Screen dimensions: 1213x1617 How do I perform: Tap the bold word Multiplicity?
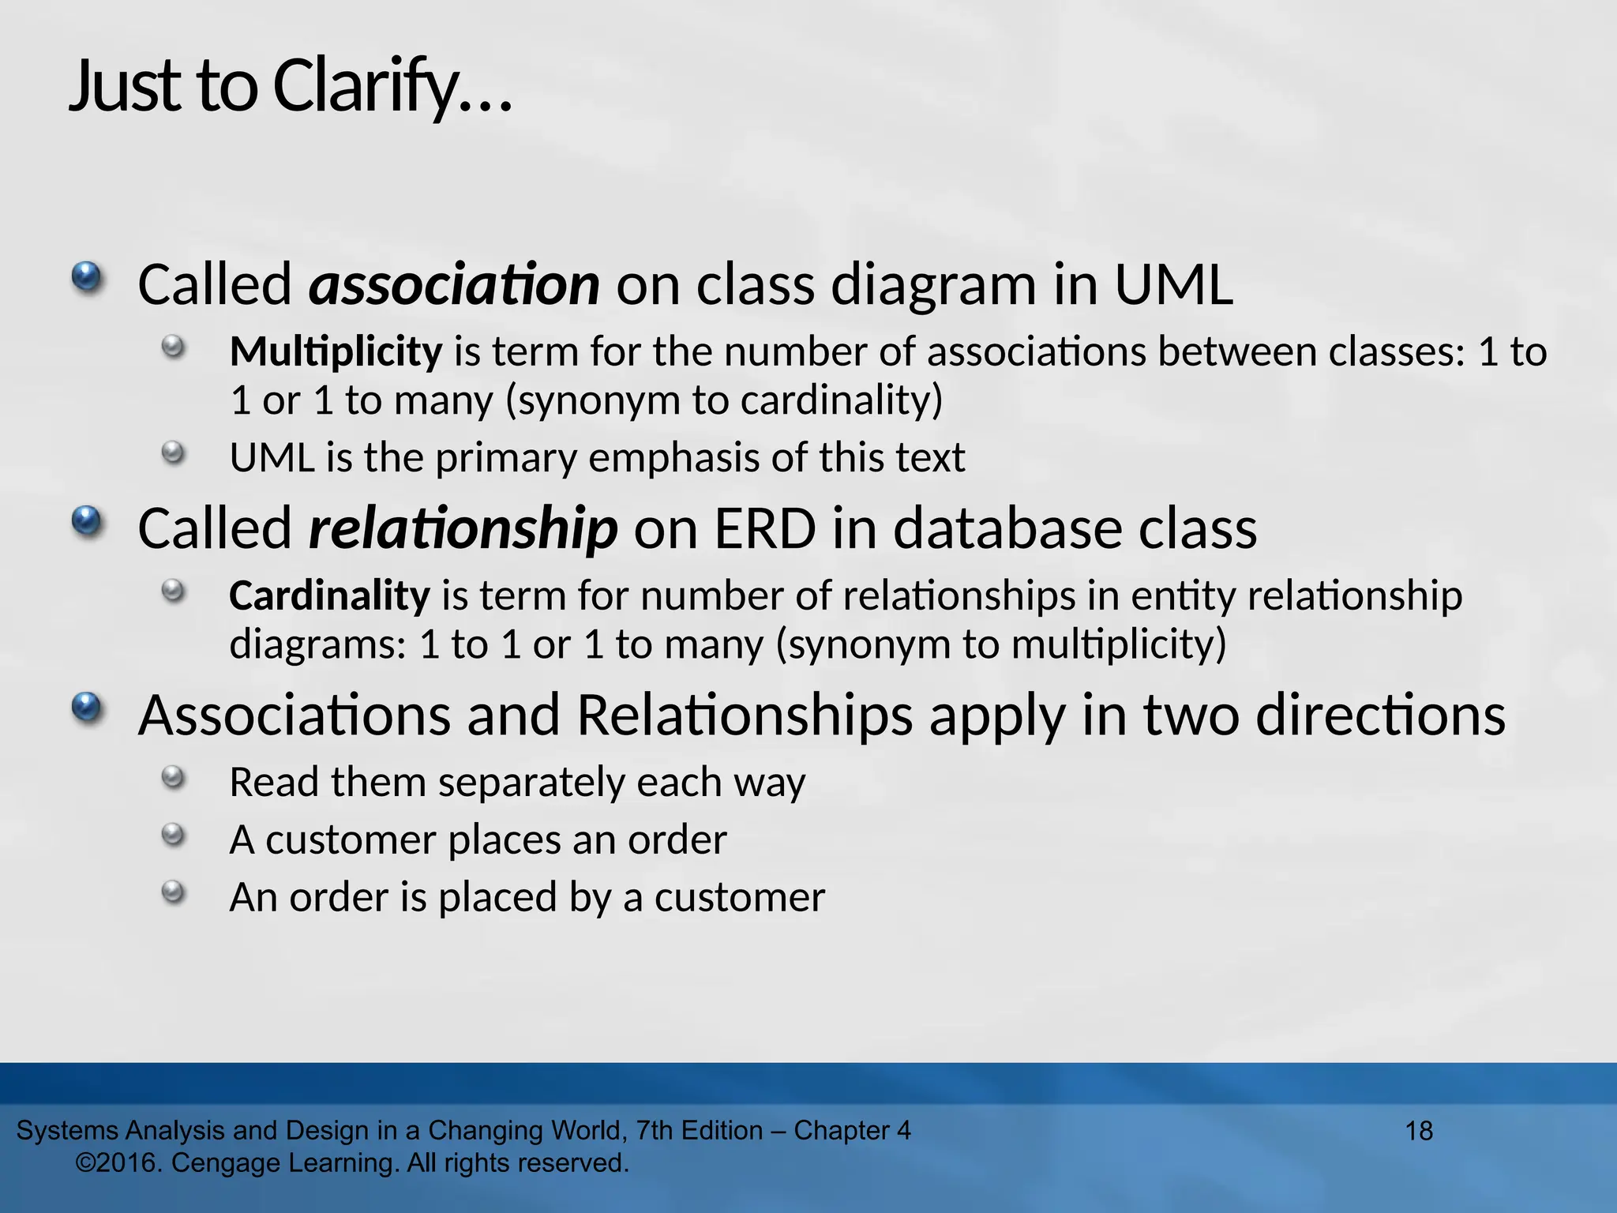click(336, 351)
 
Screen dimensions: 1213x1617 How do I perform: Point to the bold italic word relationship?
click(463, 528)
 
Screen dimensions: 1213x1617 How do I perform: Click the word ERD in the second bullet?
click(764, 528)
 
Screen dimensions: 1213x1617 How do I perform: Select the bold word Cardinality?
click(329, 595)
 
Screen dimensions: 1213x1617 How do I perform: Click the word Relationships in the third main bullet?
click(744, 715)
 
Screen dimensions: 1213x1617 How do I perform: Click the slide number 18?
click(1419, 1131)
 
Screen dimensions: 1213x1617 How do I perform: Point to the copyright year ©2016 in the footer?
click(118, 1163)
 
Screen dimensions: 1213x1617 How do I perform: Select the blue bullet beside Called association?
click(86, 278)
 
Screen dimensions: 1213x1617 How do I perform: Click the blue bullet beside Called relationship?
click(86, 521)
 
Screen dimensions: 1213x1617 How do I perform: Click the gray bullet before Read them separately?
click(172, 778)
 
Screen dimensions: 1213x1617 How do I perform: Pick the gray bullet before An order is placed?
click(172, 893)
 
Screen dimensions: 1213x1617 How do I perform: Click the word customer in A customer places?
click(350, 839)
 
